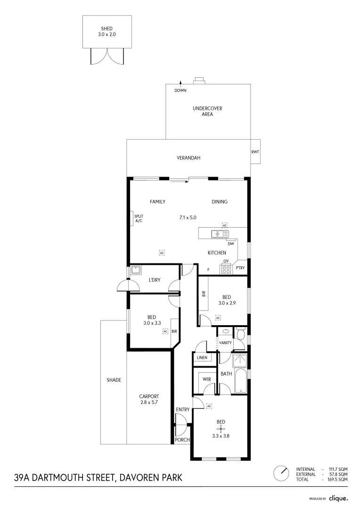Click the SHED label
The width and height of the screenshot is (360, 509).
pyautogui.click(x=106, y=28)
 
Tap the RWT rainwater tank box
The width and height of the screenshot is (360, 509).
pyautogui.click(x=255, y=152)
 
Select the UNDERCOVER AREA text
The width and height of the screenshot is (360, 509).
pyautogui.click(x=207, y=111)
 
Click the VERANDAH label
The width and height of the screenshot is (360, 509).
pyautogui.click(x=188, y=158)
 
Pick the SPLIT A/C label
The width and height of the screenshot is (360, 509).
pyautogui.click(x=139, y=218)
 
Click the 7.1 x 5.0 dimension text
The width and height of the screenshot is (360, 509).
pyautogui.click(x=188, y=217)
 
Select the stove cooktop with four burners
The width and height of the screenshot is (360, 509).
pyautogui.click(x=226, y=269)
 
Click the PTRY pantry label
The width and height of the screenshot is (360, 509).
pyautogui.click(x=241, y=270)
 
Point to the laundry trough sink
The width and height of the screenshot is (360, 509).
pyautogui.click(x=136, y=270)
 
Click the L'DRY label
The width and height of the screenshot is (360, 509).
pyautogui.click(x=155, y=280)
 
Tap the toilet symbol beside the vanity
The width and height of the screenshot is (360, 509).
pyautogui.click(x=240, y=334)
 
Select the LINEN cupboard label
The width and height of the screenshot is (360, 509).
pyautogui.click(x=202, y=358)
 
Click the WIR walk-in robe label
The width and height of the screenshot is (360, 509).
pyautogui.click(x=206, y=379)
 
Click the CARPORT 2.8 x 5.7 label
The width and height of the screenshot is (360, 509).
pyautogui.click(x=149, y=399)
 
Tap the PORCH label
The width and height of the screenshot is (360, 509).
pyautogui.click(x=182, y=440)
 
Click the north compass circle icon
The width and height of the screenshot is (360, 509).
pyautogui.click(x=282, y=473)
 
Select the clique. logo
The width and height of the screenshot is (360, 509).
pyautogui.click(x=338, y=498)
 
